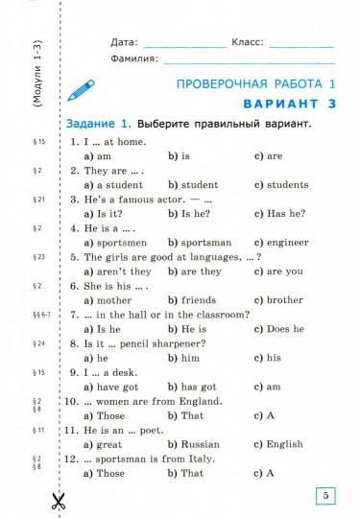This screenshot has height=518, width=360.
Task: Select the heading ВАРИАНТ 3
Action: click(x=285, y=104)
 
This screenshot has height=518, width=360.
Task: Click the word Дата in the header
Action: click(x=124, y=43)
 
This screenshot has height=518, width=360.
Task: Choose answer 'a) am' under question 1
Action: click(x=98, y=155)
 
